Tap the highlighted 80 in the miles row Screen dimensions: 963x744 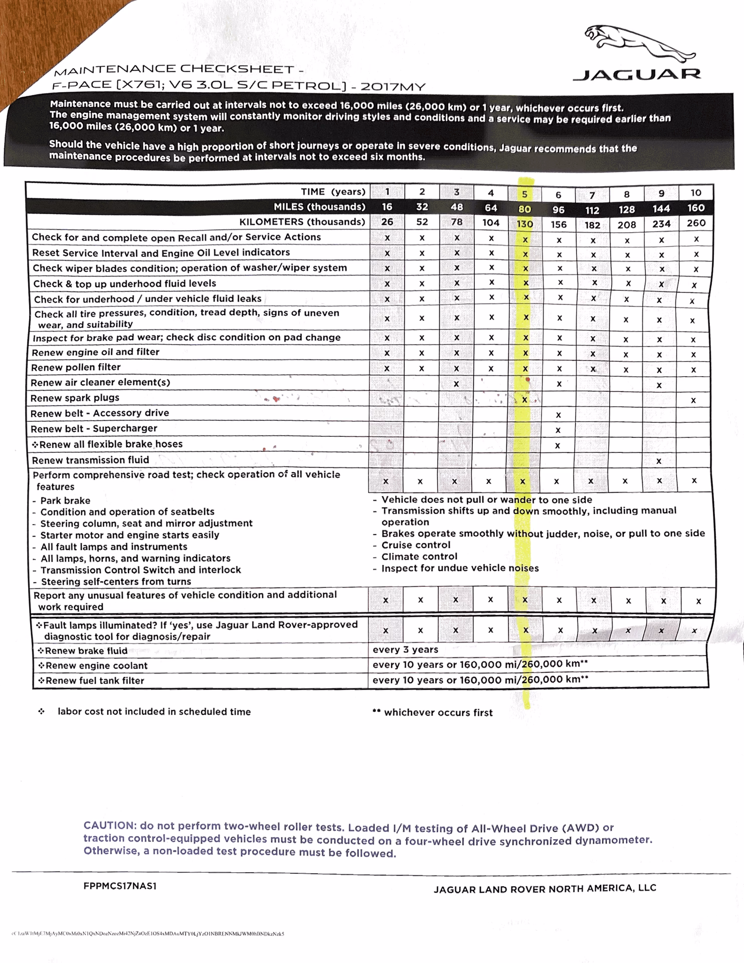click(524, 209)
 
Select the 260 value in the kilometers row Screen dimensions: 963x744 click(696, 223)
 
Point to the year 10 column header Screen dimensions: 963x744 click(696, 193)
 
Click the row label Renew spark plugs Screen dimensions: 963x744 click(75, 398)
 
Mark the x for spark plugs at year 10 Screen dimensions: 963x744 click(693, 400)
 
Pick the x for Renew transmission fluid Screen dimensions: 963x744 click(659, 461)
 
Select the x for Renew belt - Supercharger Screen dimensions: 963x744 click(558, 430)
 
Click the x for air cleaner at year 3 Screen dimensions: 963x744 click(456, 384)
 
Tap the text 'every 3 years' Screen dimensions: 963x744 click(405, 650)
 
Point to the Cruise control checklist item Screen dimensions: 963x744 click(416, 545)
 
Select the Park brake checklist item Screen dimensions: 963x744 click(65, 501)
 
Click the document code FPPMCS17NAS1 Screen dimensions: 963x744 click(120, 886)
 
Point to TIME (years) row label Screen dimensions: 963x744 click(333, 192)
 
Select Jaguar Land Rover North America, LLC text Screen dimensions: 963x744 click(544, 889)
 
